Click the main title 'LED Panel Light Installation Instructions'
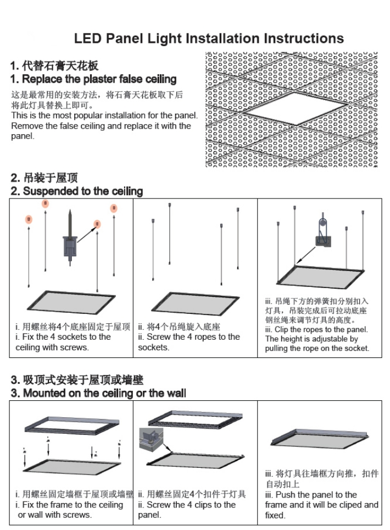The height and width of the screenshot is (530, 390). click(x=209, y=38)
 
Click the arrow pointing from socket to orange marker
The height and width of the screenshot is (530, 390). click(x=86, y=231)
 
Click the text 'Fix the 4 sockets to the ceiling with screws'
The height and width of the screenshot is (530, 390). click(x=63, y=342)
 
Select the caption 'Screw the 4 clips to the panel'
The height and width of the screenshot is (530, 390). click(x=187, y=510)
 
